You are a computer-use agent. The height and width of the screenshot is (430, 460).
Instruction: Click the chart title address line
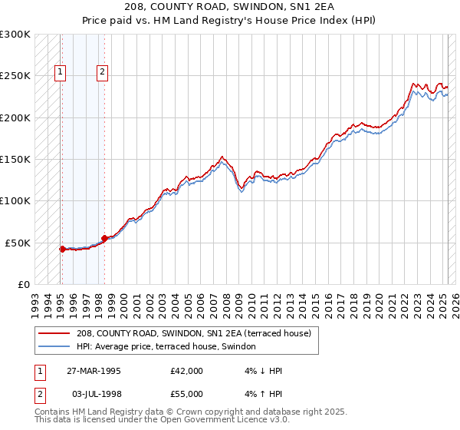(x=229, y=6)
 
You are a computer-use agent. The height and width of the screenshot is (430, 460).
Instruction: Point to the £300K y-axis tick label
(x=16, y=35)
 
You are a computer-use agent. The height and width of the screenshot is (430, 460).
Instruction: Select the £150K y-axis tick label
(x=16, y=159)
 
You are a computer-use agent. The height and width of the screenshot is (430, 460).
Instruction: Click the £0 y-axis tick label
(x=25, y=284)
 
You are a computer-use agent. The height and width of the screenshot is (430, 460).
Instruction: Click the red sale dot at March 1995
(x=62, y=249)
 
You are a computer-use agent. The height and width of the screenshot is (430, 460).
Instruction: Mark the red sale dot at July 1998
(x=104, y=238)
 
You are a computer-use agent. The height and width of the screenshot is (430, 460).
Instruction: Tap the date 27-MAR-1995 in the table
(x=93, y=372)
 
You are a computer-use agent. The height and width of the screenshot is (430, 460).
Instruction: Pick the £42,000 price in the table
(x=186, y=372)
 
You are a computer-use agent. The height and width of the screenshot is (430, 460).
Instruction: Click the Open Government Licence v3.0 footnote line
(x=162, y=421)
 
